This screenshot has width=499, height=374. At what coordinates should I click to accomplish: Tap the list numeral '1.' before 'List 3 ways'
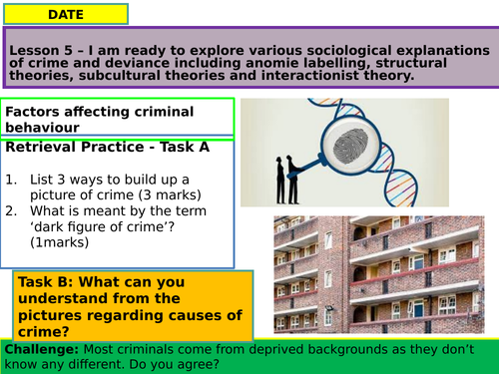(13, 180)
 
